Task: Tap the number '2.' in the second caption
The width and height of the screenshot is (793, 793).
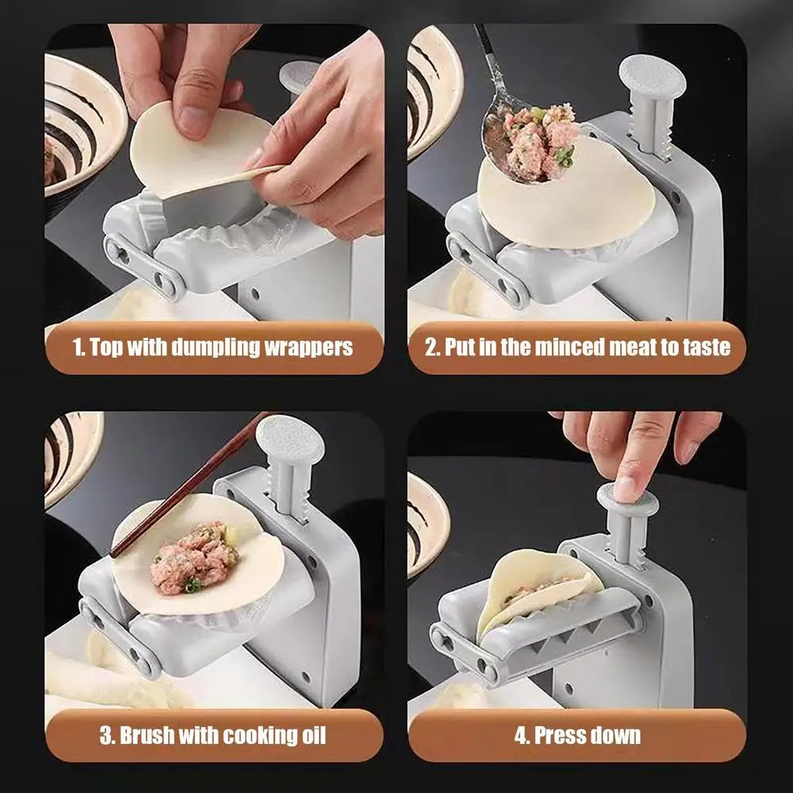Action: pyautogui.click(x=432, y=347)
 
